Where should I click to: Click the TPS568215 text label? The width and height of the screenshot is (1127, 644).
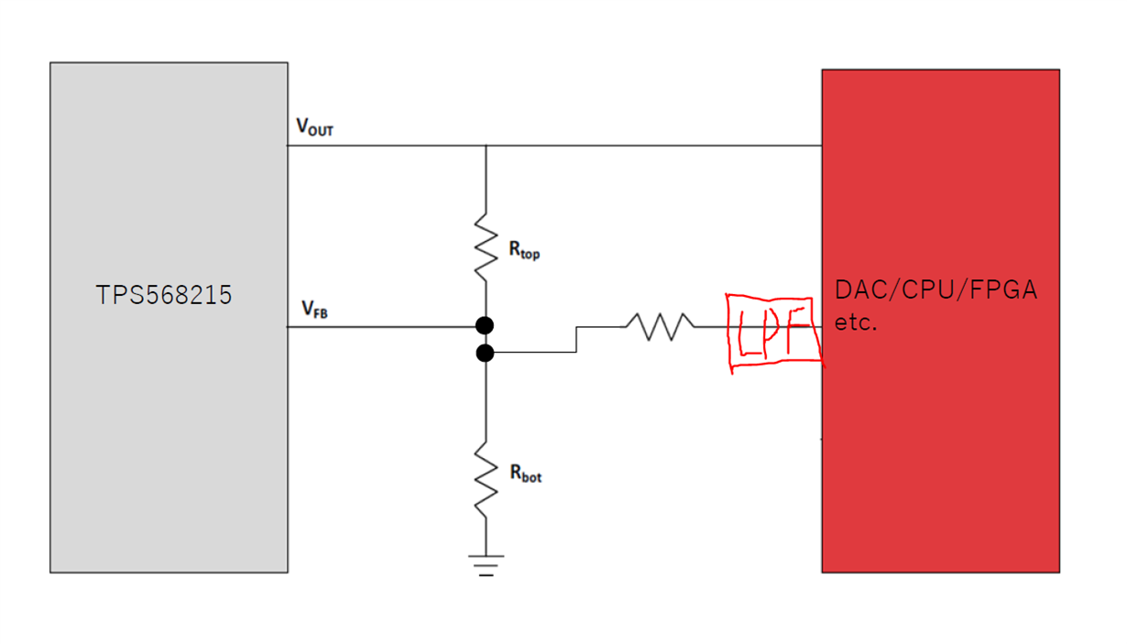coord(164,295)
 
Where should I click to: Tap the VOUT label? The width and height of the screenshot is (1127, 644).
coord(315,126)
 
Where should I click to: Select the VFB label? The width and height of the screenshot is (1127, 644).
coord(315,309)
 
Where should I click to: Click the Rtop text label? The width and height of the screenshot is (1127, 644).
coord(524,250)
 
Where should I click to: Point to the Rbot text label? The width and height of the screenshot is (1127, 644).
coord(526,473)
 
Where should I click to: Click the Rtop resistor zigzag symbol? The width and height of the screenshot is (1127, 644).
coord(486,247)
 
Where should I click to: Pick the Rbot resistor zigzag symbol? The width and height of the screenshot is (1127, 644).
coord(486,480)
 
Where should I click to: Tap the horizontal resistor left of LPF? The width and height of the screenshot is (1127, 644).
coord(660,326)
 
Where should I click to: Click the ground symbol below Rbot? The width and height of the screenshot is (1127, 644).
coord(486,565)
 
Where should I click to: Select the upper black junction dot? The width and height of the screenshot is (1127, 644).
coord(485,325)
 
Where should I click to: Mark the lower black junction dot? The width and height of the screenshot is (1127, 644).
coord(485,354)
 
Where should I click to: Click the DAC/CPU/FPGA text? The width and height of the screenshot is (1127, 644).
coord(936,290)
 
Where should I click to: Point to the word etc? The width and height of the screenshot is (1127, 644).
coord(855,322)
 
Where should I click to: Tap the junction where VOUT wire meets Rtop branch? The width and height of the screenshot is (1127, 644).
coord(486,146)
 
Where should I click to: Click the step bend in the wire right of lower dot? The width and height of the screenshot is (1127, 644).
coord(576,340)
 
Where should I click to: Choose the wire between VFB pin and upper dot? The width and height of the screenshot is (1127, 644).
coord(381,327)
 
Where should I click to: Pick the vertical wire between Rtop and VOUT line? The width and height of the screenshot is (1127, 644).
coord(486,180)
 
